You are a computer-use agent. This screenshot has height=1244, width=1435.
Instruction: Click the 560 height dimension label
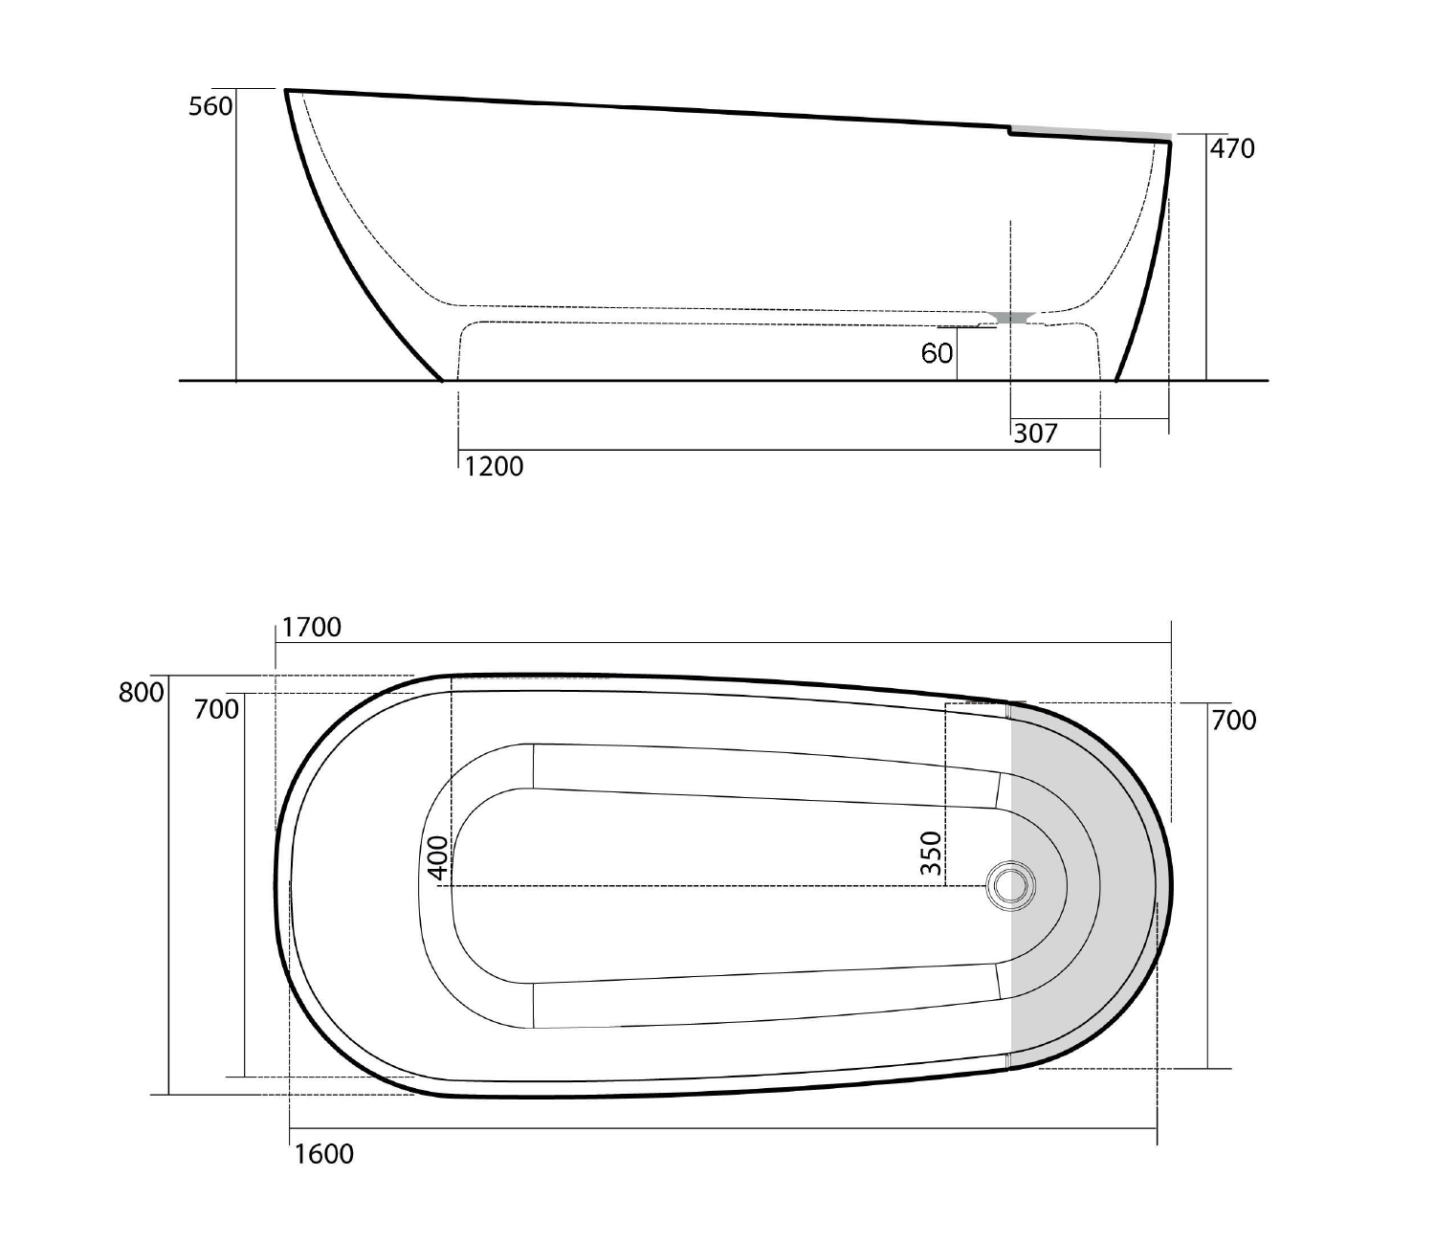point(210,106)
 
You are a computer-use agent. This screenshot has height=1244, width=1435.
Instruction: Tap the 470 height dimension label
point(1232,148)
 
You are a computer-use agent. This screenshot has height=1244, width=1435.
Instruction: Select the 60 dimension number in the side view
point(937,353)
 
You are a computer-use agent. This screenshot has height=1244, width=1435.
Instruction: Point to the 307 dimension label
point(1035,433)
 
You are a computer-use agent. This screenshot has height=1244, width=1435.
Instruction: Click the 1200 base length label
point(494,467)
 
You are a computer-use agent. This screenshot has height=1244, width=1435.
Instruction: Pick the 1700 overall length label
point(311,627)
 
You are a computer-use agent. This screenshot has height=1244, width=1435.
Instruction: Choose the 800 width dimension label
point(141,693)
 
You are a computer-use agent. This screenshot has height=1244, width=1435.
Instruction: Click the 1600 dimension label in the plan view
point(323,1154)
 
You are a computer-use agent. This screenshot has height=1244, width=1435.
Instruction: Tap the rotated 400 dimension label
point(438,857)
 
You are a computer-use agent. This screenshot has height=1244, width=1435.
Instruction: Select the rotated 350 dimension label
point(930,854)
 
